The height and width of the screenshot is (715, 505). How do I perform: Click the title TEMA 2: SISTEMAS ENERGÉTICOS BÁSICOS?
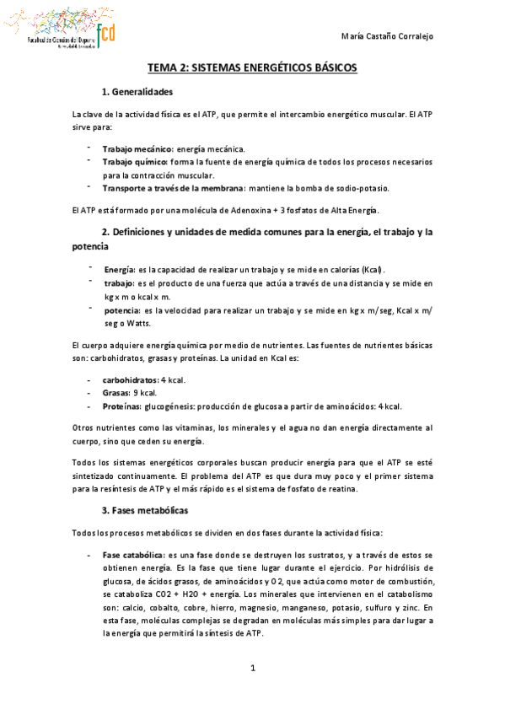coord(252,67)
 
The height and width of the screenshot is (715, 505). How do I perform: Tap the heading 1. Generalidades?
coord(137,91)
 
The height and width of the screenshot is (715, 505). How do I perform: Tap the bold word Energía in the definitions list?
coord(118,269)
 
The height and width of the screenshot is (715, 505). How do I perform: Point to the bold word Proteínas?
coord(122,406)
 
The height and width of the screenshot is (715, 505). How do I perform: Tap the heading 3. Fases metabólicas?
coord(144,511)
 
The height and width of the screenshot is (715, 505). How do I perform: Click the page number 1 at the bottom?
coord(252,669)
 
